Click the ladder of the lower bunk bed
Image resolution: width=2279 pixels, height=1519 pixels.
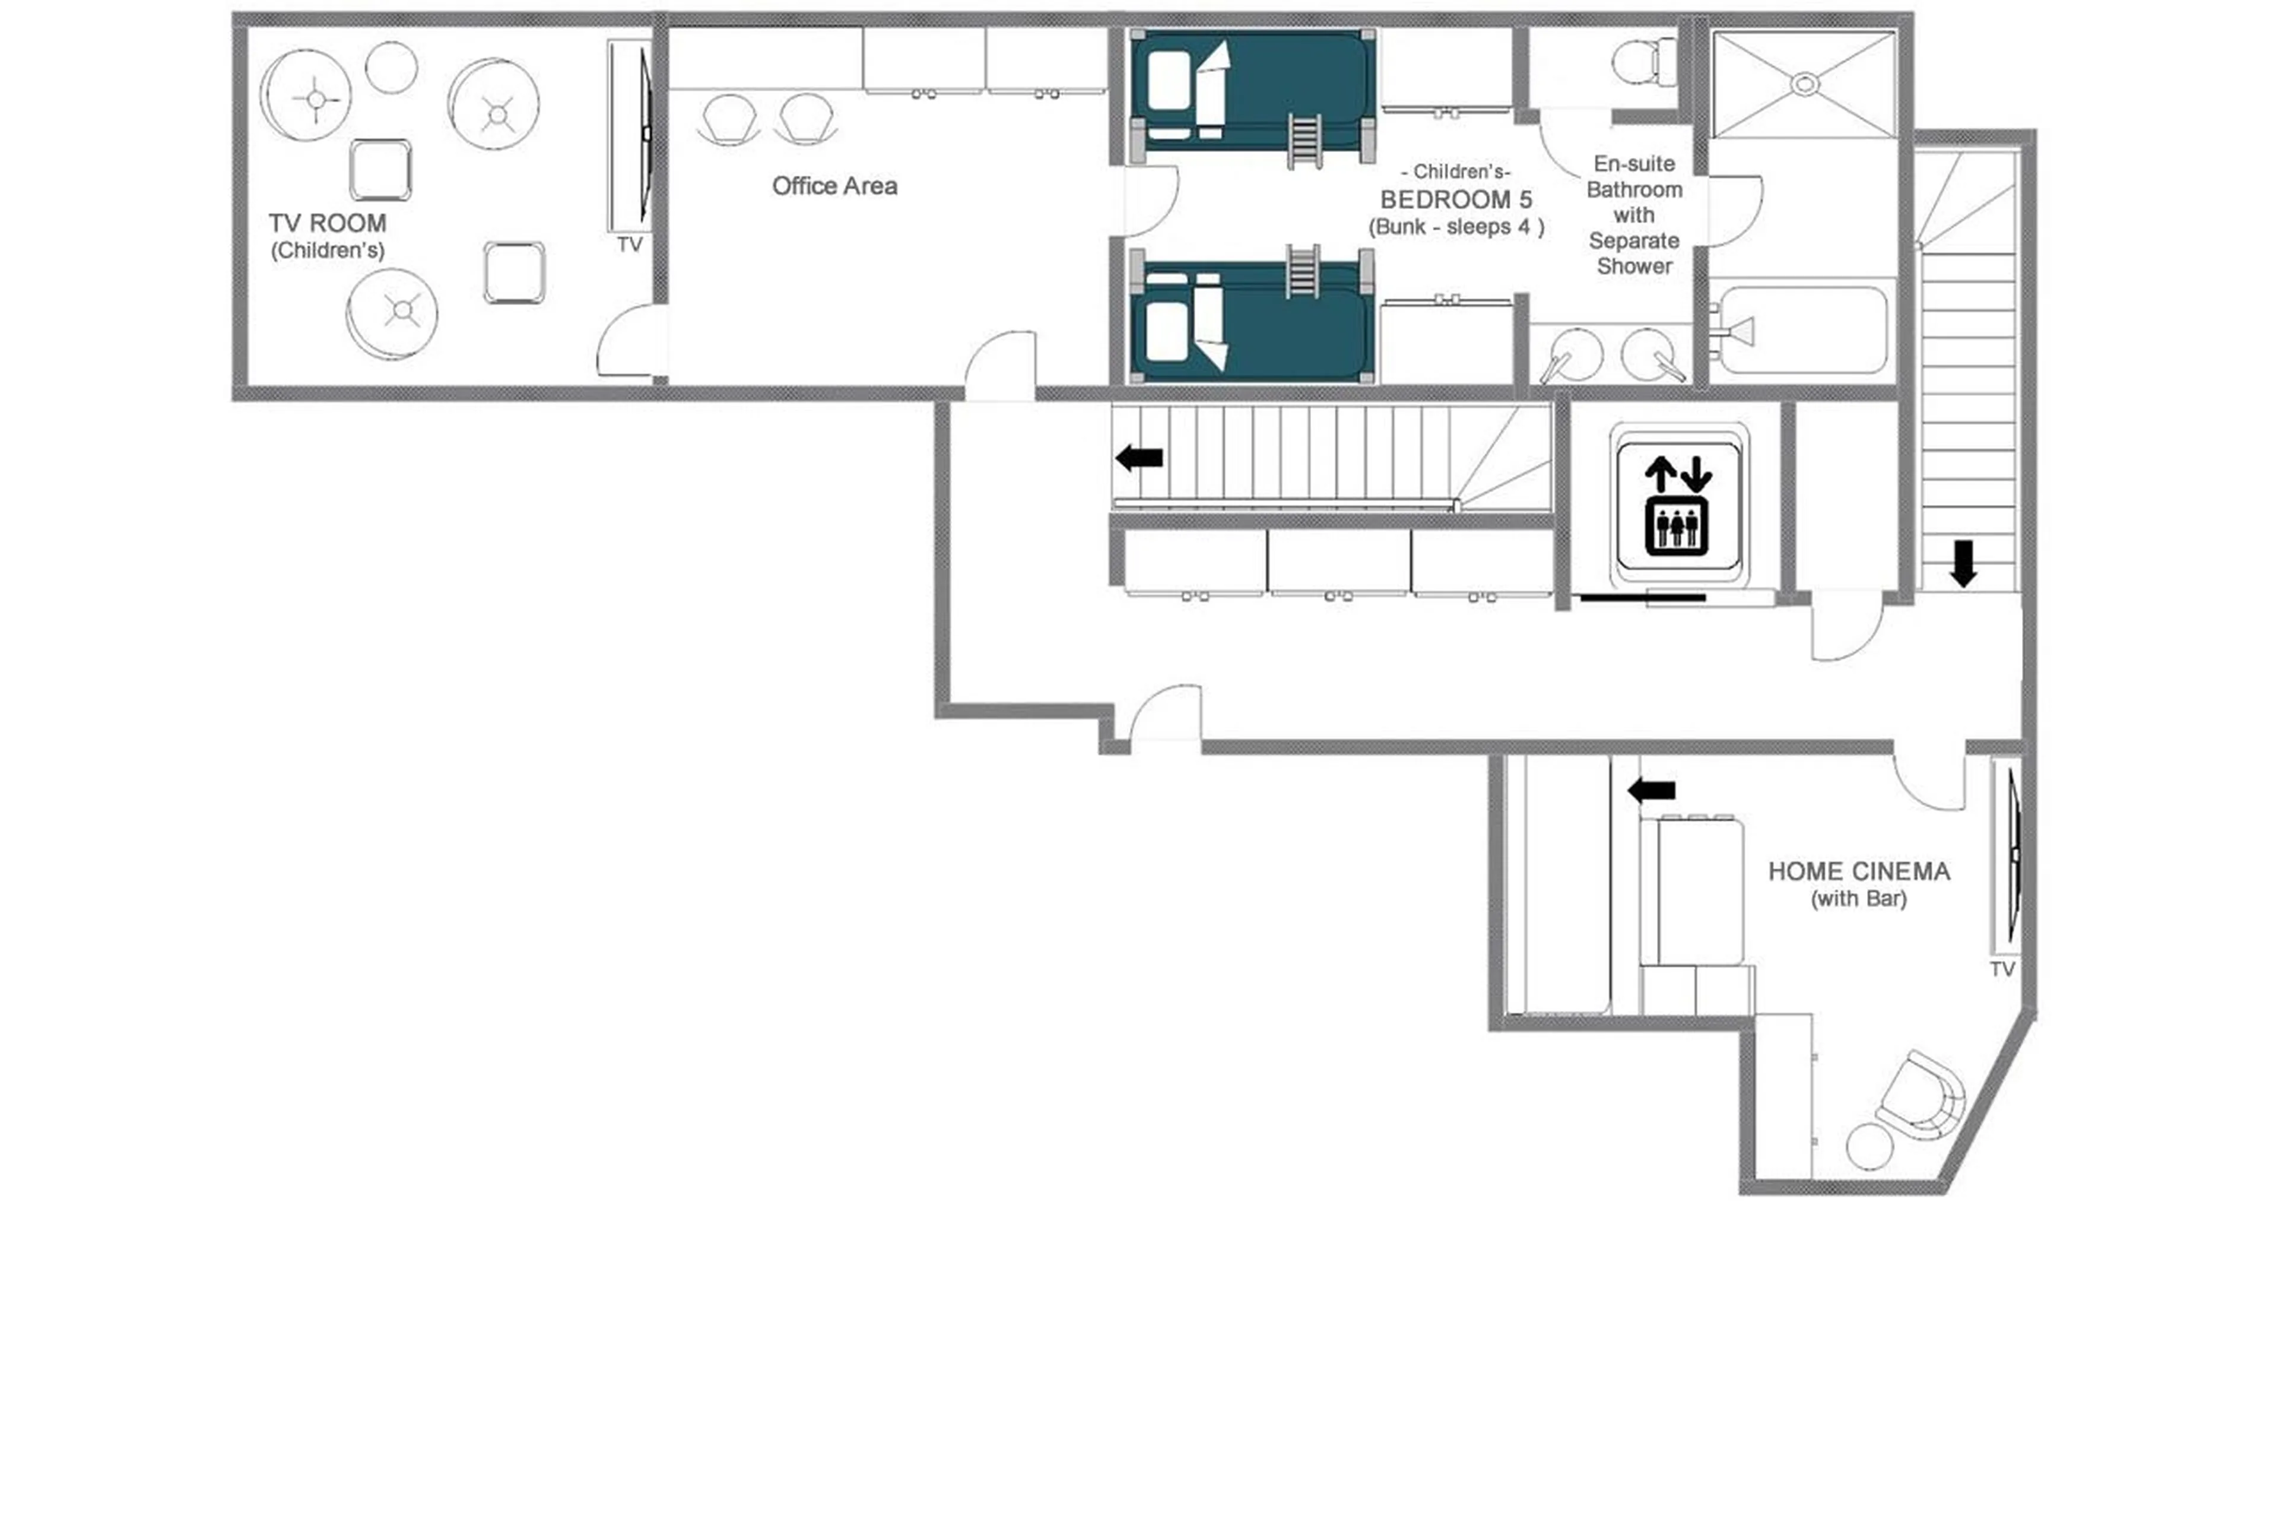(1301, 271)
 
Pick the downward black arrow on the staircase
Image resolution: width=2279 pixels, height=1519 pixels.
(1962, 563)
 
